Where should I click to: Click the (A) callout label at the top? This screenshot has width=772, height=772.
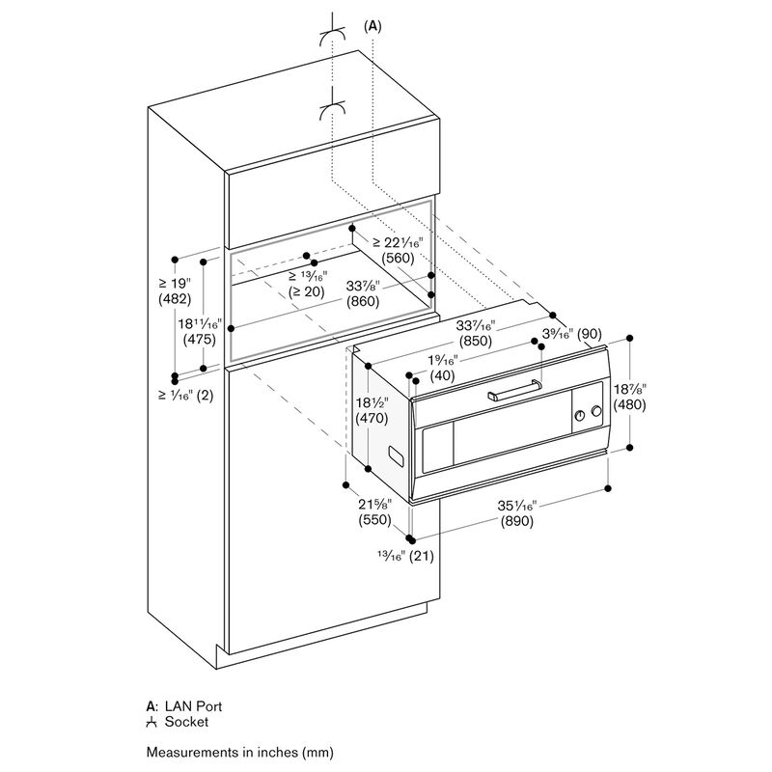(372, 26)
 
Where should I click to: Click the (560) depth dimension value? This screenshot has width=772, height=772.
(398, 258)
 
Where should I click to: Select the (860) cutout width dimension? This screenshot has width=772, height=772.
(363, 301)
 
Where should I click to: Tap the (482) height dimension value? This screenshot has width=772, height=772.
(175, 298)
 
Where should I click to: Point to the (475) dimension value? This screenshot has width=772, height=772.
(200, 340)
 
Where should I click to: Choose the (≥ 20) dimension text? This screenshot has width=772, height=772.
(306, 292)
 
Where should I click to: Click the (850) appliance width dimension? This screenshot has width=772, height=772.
(476, 341)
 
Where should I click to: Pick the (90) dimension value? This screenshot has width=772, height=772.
(590, 334)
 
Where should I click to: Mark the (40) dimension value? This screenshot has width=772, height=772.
(443, 375)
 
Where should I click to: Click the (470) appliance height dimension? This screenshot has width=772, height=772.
(372, 419)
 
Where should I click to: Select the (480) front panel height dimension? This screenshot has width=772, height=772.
(630, 404)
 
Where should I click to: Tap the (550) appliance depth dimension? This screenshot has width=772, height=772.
(374, 519)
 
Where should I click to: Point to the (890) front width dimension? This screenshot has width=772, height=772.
(517, 521)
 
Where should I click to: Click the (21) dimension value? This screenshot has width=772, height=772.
(422, 557)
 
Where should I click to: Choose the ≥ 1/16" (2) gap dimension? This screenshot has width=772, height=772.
(186, 395)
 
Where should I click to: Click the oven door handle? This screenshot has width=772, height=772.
(514, 390)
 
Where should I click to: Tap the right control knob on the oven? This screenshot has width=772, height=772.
(596, 411)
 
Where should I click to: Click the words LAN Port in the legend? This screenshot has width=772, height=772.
(193, 706)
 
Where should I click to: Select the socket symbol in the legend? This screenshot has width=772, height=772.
(152, 722)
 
